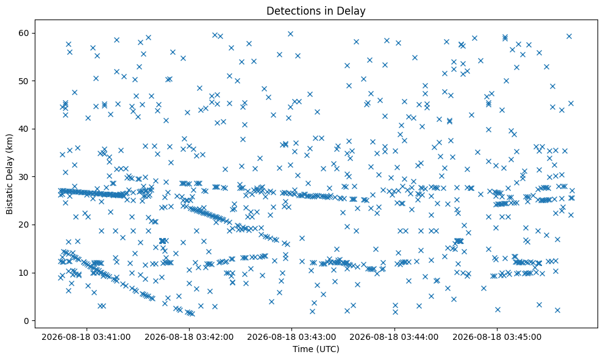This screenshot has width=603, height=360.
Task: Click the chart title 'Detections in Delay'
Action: [x=316, y=11]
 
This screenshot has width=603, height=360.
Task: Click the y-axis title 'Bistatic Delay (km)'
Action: [x=9, y=174]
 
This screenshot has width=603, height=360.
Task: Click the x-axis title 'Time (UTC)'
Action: [x=316, y=349]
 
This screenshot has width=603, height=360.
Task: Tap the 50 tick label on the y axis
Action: [x=24, y=81]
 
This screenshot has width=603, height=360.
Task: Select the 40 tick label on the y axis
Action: [x=24, y=129]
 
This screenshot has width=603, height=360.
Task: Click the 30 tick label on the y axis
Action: [x=24, y=177]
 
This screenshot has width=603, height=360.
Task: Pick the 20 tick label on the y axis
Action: [x=24, y=225]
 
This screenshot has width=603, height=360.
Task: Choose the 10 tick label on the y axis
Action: [x=24, y=273]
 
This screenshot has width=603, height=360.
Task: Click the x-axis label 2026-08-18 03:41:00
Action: [x=86, y=337]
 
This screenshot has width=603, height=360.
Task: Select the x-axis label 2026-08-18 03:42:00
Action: [x=189, y=337]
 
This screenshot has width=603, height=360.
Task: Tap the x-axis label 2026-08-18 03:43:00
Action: [x=291, y=337]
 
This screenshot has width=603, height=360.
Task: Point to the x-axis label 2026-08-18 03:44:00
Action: [x=394, y=337]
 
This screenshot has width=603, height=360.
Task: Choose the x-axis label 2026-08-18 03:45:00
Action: [x=497, y=337]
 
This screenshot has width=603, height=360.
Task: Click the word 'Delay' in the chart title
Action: [x=353, y=11]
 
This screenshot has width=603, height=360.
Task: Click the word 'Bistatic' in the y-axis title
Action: [x=9, y=199]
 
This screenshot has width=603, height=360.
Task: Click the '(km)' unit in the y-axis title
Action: [x=9, y=142]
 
